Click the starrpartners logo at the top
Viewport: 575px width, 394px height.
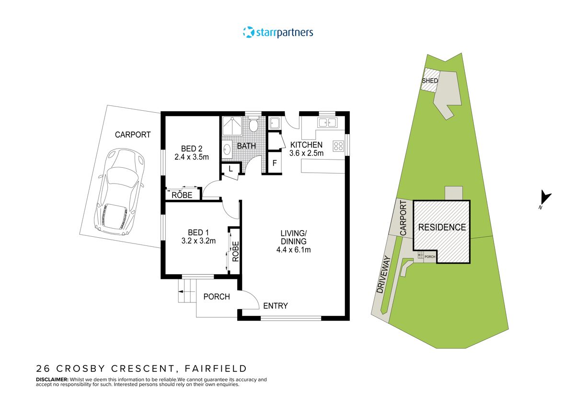coord(278,33)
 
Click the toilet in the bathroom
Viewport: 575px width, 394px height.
coord(254,126)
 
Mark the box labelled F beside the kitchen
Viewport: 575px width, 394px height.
coord(274,162)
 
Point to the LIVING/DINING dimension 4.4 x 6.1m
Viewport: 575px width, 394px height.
coord(293,249)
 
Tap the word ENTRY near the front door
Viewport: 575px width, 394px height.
coord(275,306)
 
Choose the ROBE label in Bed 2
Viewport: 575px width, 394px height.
coord(182,195)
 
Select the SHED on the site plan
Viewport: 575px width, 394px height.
coord(429,81)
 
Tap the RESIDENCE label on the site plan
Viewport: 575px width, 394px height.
coord(442,227)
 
